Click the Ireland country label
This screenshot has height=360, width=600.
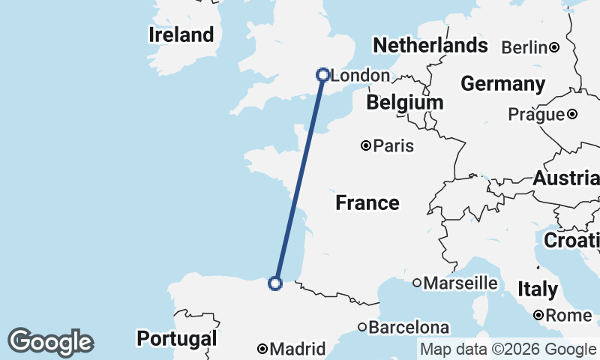point(181,34)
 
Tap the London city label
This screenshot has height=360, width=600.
point(360,76)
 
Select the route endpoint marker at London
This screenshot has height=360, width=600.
point(323,75)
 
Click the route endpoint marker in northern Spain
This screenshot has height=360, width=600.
point(275,283)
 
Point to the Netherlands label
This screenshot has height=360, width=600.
point(430,46)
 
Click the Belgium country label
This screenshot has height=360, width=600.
point(404,101)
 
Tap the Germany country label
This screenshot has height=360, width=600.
point(502,83)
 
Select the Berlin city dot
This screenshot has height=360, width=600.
point(554,48)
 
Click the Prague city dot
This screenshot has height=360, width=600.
point(572,115)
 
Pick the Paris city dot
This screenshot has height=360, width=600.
point(365,145)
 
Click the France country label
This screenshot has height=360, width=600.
point(367,202)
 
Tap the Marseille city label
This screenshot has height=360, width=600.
point(460,283)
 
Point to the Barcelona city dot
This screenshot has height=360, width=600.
point(361,327)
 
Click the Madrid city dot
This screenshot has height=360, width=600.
point(262,349)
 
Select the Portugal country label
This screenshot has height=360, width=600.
point(176,338)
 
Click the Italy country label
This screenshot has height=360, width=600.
point(537,289)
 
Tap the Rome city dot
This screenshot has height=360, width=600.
point(538,316)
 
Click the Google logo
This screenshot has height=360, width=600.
point(50,342)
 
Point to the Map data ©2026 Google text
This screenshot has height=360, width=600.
point(508,349)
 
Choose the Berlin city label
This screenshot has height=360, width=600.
point(524,48)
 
